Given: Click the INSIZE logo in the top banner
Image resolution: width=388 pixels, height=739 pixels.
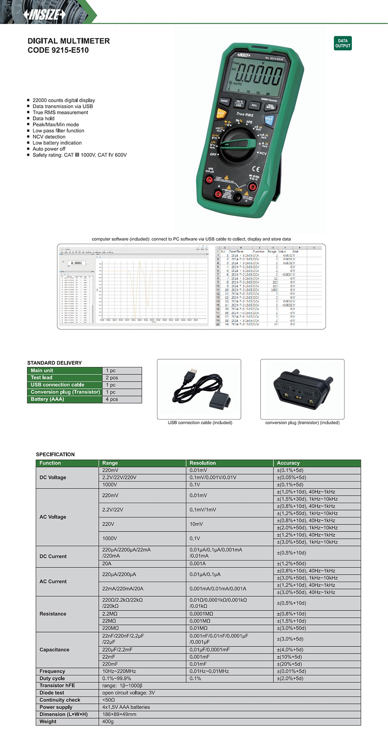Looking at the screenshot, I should (44, 14).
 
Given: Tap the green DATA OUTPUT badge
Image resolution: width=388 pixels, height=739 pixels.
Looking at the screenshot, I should (343, 43).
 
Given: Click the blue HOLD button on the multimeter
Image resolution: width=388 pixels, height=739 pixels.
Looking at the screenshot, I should (269, 120).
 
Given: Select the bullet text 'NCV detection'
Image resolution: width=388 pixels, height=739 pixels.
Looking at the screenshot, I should (49, 137).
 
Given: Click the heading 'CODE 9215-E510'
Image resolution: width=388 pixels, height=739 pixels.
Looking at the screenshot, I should (58, 50).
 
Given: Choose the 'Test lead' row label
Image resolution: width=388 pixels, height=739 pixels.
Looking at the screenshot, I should (41, 378).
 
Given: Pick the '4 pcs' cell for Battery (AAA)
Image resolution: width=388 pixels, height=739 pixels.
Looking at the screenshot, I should (112, 399).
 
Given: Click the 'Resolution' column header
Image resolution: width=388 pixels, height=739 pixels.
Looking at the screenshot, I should (203, 463).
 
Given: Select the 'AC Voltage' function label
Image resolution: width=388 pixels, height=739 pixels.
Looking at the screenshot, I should (53, 517).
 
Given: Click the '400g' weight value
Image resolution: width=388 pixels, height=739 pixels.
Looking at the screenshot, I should (108, 721).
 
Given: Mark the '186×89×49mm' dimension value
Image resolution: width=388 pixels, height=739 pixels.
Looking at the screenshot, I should (119, 714).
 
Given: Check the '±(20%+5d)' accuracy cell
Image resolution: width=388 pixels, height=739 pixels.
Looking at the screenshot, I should (289, 664).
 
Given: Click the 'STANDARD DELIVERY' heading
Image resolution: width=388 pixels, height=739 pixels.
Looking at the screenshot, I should (54, 363).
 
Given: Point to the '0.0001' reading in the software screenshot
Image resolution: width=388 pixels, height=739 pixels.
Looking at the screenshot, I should (76, 263).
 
